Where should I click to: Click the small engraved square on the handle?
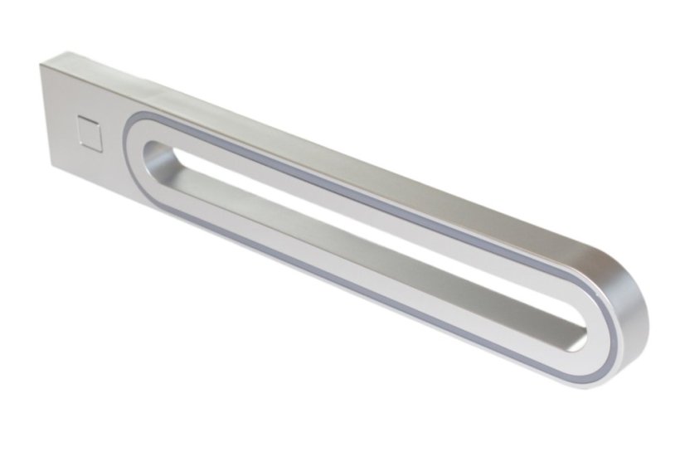(x=90, y=133)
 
